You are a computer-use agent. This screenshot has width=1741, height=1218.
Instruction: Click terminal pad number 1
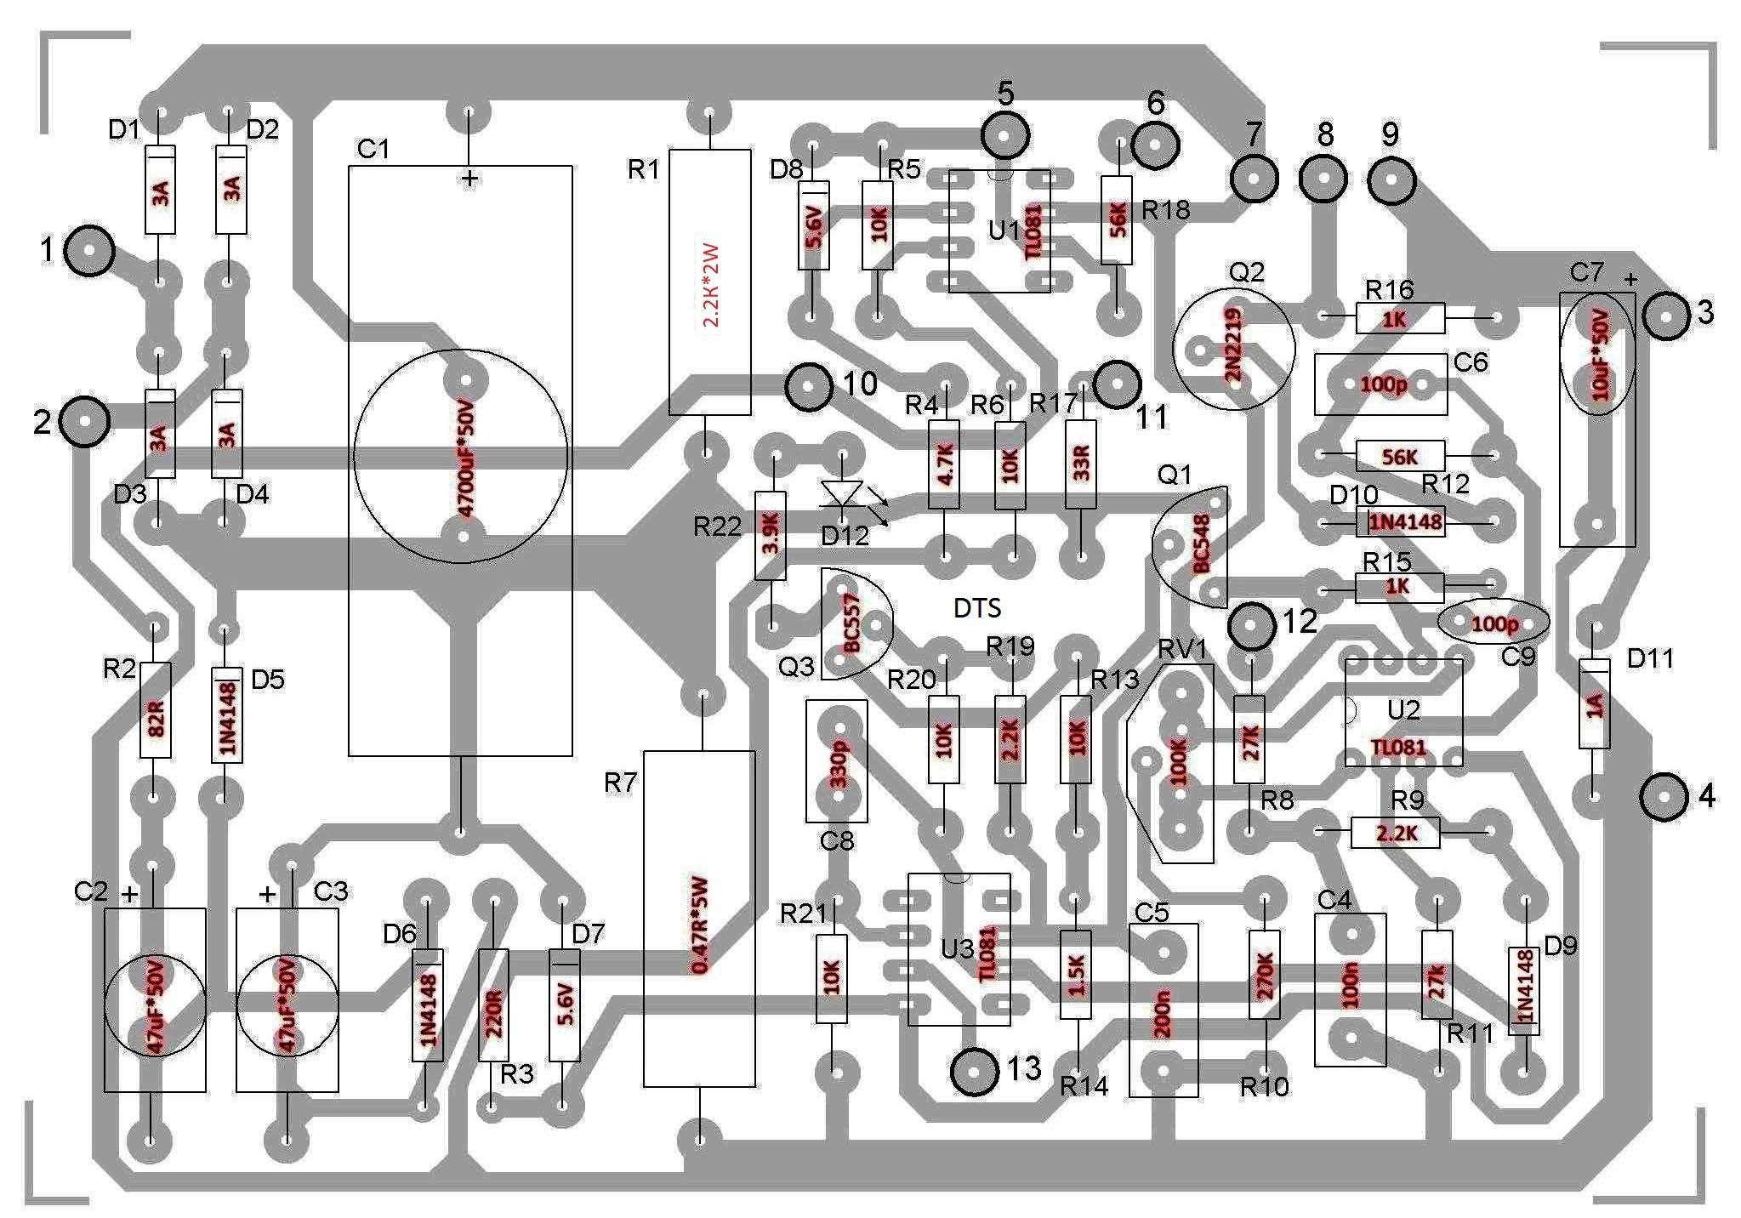[x=89, y=251]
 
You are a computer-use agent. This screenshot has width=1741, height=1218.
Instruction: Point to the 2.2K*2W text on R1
[x=711, y=286]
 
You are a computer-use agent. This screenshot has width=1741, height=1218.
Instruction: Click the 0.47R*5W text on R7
[x=699, y=918]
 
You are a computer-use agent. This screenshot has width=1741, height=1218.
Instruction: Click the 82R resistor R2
[x=155, y=710]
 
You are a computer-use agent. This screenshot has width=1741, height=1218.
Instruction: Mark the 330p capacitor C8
[x=836, y=761]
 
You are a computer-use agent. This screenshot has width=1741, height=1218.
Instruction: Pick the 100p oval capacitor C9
[x=1493, y=623]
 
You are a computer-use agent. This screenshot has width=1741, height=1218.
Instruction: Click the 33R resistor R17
[x=1080, y=464]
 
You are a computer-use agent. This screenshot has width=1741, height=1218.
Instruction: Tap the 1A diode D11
[x=1594, y=704]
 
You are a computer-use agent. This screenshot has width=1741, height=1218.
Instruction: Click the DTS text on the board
[x=977, y=608]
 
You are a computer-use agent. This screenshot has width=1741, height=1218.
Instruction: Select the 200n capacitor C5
[x=1164, y=1010]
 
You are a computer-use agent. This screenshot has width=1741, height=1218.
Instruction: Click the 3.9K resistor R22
[x=771, y=536]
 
